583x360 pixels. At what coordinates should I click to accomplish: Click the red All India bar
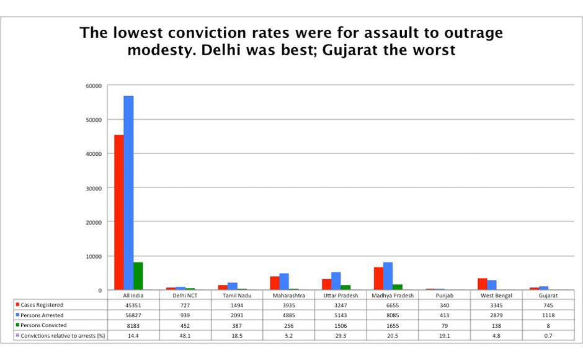118,212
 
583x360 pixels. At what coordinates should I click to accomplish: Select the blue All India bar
128,193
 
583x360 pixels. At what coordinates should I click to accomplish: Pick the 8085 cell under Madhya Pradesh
393,315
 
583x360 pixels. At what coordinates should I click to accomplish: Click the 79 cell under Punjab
444,325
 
